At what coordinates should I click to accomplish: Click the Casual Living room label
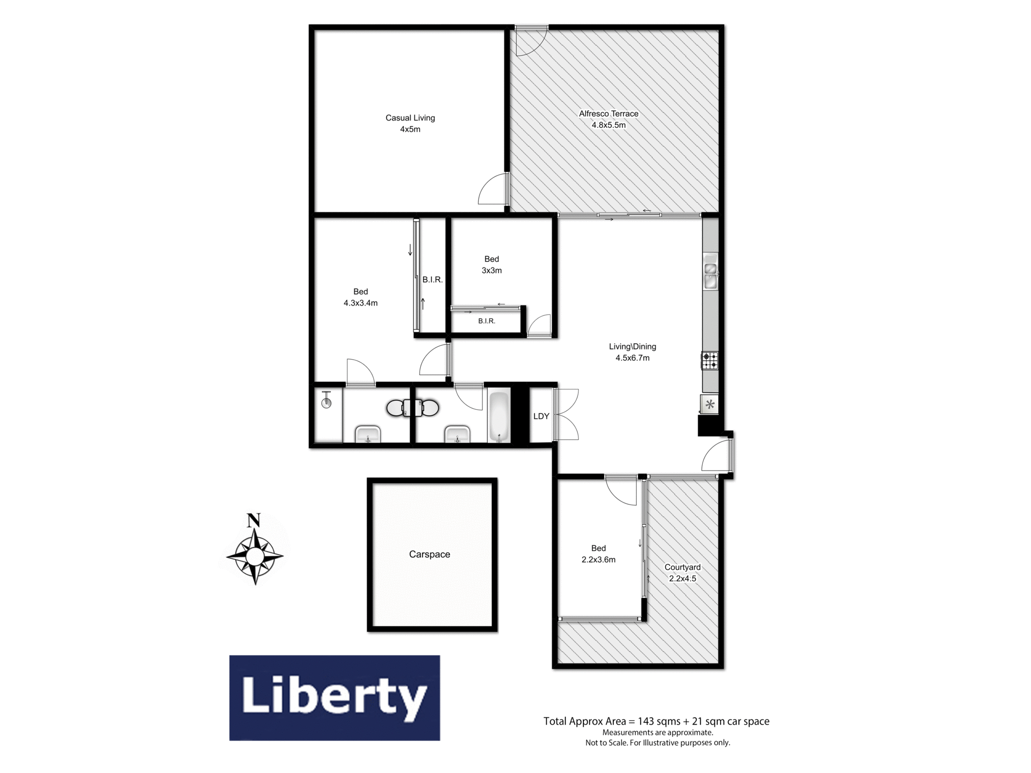tap(410, 118)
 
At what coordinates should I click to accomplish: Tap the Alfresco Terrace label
tap(608, 114)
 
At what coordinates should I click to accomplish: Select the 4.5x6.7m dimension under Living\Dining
tap(633, 358)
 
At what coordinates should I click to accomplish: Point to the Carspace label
tap(429, 554)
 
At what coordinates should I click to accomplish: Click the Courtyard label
tap(683, 567)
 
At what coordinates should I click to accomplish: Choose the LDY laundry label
tap(541, 416)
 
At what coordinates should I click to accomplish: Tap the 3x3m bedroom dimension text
tap(492, 271)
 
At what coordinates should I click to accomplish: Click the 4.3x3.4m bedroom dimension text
tap(361, 303)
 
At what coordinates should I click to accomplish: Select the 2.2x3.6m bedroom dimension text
tap(598, 560)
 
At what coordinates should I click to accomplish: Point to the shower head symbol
tap(326, 400)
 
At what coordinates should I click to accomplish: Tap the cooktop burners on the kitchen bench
tap(710, 360)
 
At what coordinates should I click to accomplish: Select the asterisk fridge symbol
tap(710, 405)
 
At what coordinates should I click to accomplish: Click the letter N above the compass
tap(253, 520)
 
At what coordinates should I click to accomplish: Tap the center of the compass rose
tap(255, 556)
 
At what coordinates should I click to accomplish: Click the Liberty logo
tap(335, 698)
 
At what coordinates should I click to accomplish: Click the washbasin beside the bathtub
tap(457, 434)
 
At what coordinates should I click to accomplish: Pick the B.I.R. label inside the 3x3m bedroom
tap(487, 321)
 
